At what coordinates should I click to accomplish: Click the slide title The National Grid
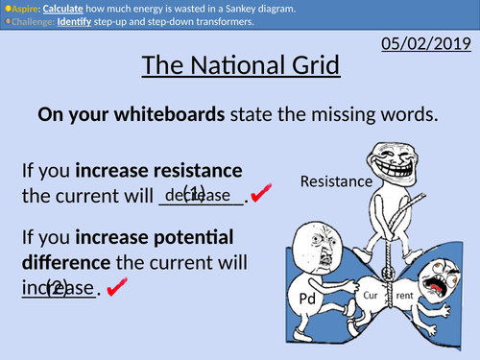(239, 68)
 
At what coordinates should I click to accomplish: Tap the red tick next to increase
(119, 288)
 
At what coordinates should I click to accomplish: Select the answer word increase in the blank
(58, 288)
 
